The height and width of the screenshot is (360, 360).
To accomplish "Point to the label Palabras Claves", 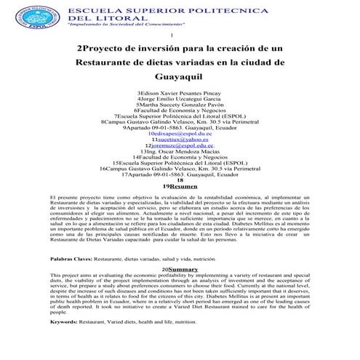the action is tap(70, 259).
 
